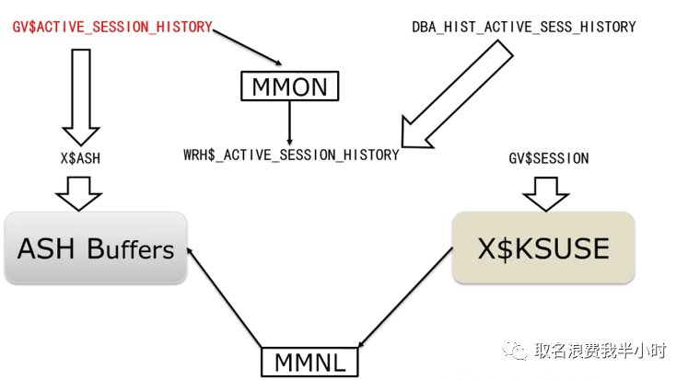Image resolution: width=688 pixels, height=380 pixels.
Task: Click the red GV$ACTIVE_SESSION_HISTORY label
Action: tap(111, 27)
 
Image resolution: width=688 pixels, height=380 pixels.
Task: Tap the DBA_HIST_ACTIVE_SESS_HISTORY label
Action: tap(523, 27)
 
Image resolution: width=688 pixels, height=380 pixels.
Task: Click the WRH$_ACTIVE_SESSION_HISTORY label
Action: tap(291, 155)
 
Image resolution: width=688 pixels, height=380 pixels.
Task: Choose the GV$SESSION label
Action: tap(548, 158)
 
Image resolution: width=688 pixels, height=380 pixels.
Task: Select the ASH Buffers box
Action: tap(96, 248)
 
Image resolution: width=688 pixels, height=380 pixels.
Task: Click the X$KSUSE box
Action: tap(542, 248)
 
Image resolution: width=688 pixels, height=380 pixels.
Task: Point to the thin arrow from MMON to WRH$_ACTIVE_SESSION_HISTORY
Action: tap(290, 121)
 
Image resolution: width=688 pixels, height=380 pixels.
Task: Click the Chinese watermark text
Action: tap(603, 351)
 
